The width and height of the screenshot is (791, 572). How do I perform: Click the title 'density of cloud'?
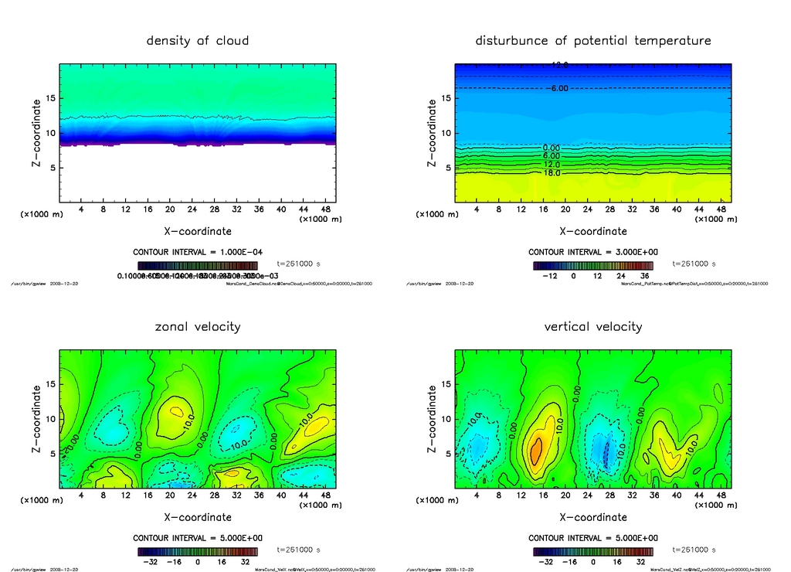pyautogui.click(x=198, y=41)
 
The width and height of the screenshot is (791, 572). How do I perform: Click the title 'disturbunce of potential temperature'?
pyautogui.click(x=593, y=41)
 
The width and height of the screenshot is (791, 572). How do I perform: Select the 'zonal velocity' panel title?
pyautogui.click(x=198, y=327)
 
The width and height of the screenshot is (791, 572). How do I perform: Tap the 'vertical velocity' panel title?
pyautogui.click(x=593, y=327)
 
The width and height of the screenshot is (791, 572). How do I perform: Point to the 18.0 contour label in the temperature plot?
pyautogui.click(x=552, y=173)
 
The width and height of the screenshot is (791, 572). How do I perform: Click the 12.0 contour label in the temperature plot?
pyautogui.click(x=552, y=165)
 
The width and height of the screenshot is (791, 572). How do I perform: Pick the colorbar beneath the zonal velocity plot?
pyautogui.click(x=198, y=552)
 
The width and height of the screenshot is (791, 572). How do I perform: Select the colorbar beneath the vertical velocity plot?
pyautogui.click(x=593, y=552)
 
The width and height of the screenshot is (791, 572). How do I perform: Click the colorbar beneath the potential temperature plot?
pyautogui.click(x=593, y=265)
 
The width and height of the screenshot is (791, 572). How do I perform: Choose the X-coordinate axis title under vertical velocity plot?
pyautogui.click(x=593, y=517)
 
